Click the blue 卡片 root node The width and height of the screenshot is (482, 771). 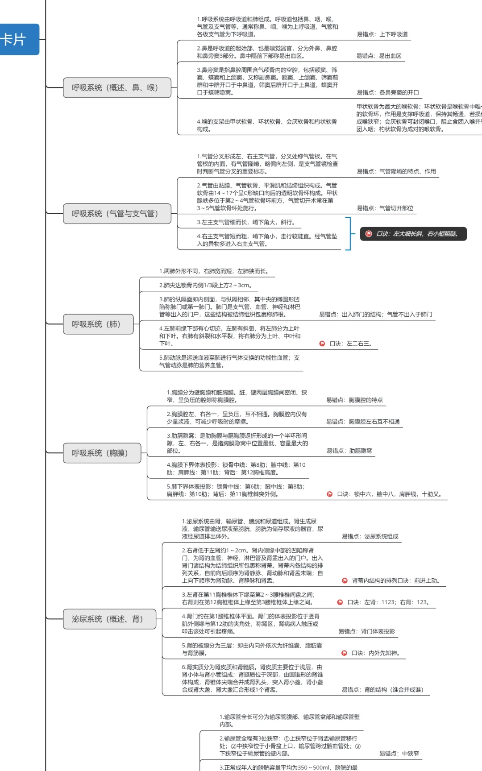point(18,40)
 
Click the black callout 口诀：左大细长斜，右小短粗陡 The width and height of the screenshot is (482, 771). point(413,234)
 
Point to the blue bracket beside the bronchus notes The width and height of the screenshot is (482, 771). point(349,234)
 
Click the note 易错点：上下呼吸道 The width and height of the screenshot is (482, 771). point(382,34)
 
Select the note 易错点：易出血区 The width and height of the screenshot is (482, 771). point(379,56)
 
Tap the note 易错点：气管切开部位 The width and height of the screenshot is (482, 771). point(385,208)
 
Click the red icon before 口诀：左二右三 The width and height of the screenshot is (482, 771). point(322,344)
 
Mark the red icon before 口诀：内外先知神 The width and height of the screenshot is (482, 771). point(344,653)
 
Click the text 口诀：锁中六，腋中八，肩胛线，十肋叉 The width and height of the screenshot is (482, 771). point(389,494)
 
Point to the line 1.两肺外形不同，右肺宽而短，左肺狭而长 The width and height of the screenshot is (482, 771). point(214,271)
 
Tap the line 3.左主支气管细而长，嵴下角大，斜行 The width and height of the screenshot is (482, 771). point(246,222)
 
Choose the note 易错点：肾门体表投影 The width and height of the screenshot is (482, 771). point(366,631)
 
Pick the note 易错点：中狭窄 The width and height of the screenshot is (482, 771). point(399,754)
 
